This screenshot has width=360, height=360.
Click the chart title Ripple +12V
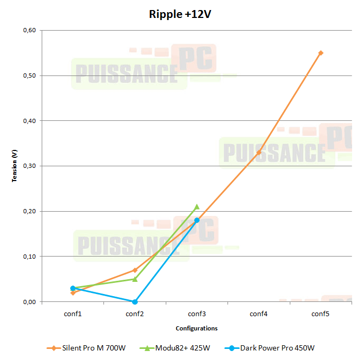(x=180, y=14)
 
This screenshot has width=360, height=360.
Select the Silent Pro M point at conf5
(x=320, y=53)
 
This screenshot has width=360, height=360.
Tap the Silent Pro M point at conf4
(x=259, y=153)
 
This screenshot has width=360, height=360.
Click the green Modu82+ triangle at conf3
(x=197, y=206)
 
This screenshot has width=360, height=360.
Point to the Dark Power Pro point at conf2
(x=135, y=302)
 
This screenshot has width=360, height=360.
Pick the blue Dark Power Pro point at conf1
(x=73, y=288)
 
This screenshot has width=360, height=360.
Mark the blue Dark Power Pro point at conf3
(x=197, y=220)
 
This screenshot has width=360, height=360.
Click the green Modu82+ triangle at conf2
(x=135, y=279)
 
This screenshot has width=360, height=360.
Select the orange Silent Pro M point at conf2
(x=135, y=270)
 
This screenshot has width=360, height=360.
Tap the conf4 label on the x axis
(x=259, y=314)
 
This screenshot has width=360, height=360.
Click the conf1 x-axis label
(x=73, y=314)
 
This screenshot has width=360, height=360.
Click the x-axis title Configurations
(x=197, y=328)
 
